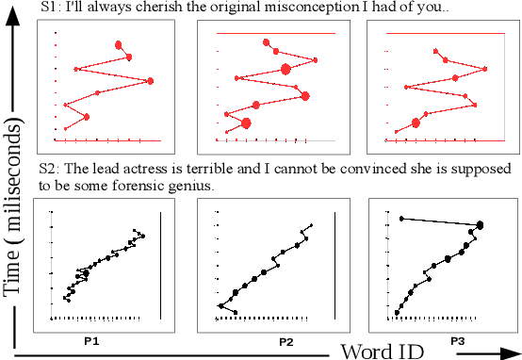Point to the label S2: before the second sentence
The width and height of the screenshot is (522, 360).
pyautogui.click(x=51, y=170)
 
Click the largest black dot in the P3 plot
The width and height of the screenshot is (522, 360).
pyautogui.click(x=481, y=225)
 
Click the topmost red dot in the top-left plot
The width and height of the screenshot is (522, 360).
pyautogui.click(x=119, y=44)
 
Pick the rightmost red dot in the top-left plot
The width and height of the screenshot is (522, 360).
pyautogui.click(x=151, y=82)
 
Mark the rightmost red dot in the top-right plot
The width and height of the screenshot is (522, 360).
pyautogui.click(x=486, y=68)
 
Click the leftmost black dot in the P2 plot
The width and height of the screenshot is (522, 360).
pyautogui.click(x=219, y=306)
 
